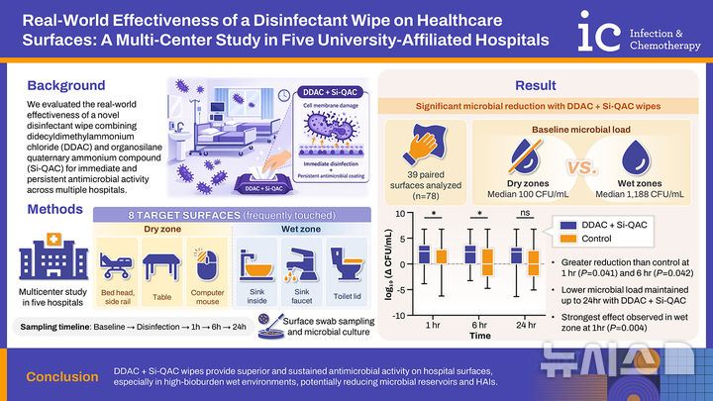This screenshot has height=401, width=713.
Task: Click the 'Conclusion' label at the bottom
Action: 62,376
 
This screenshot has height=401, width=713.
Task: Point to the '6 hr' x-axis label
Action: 479,324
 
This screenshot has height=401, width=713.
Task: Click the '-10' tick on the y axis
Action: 403,315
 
